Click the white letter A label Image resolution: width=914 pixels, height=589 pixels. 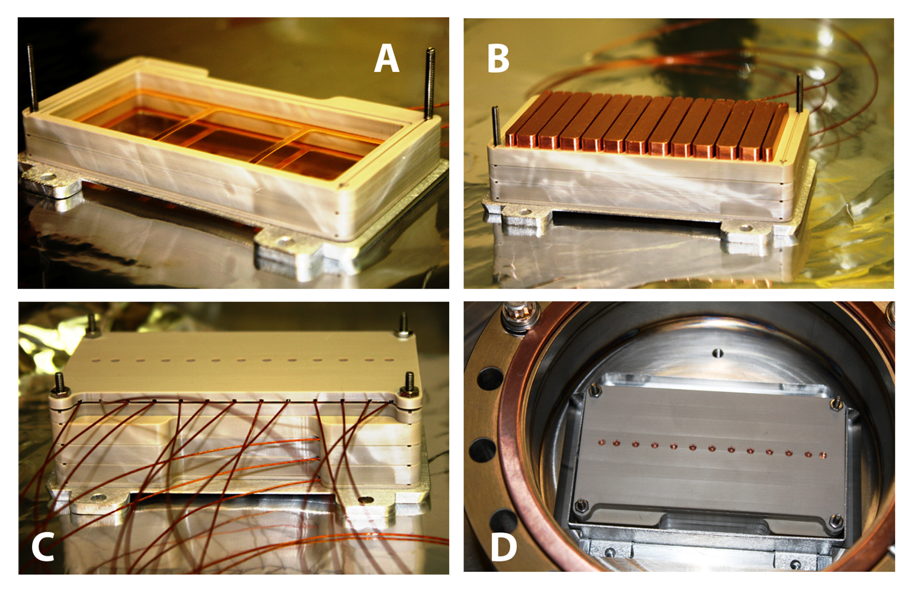pos(386,58)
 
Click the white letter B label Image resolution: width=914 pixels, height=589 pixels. pos(498,58)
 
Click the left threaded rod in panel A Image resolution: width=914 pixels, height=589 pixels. pos(33,77)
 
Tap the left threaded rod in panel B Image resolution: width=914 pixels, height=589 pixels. pos(495,126)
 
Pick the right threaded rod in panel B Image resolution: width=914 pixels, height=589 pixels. pos(799,93)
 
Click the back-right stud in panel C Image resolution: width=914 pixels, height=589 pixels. pos(403,324)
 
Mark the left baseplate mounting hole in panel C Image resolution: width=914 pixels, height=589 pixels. pos(98,497)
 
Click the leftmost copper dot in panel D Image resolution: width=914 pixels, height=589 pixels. pos(601,441)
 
